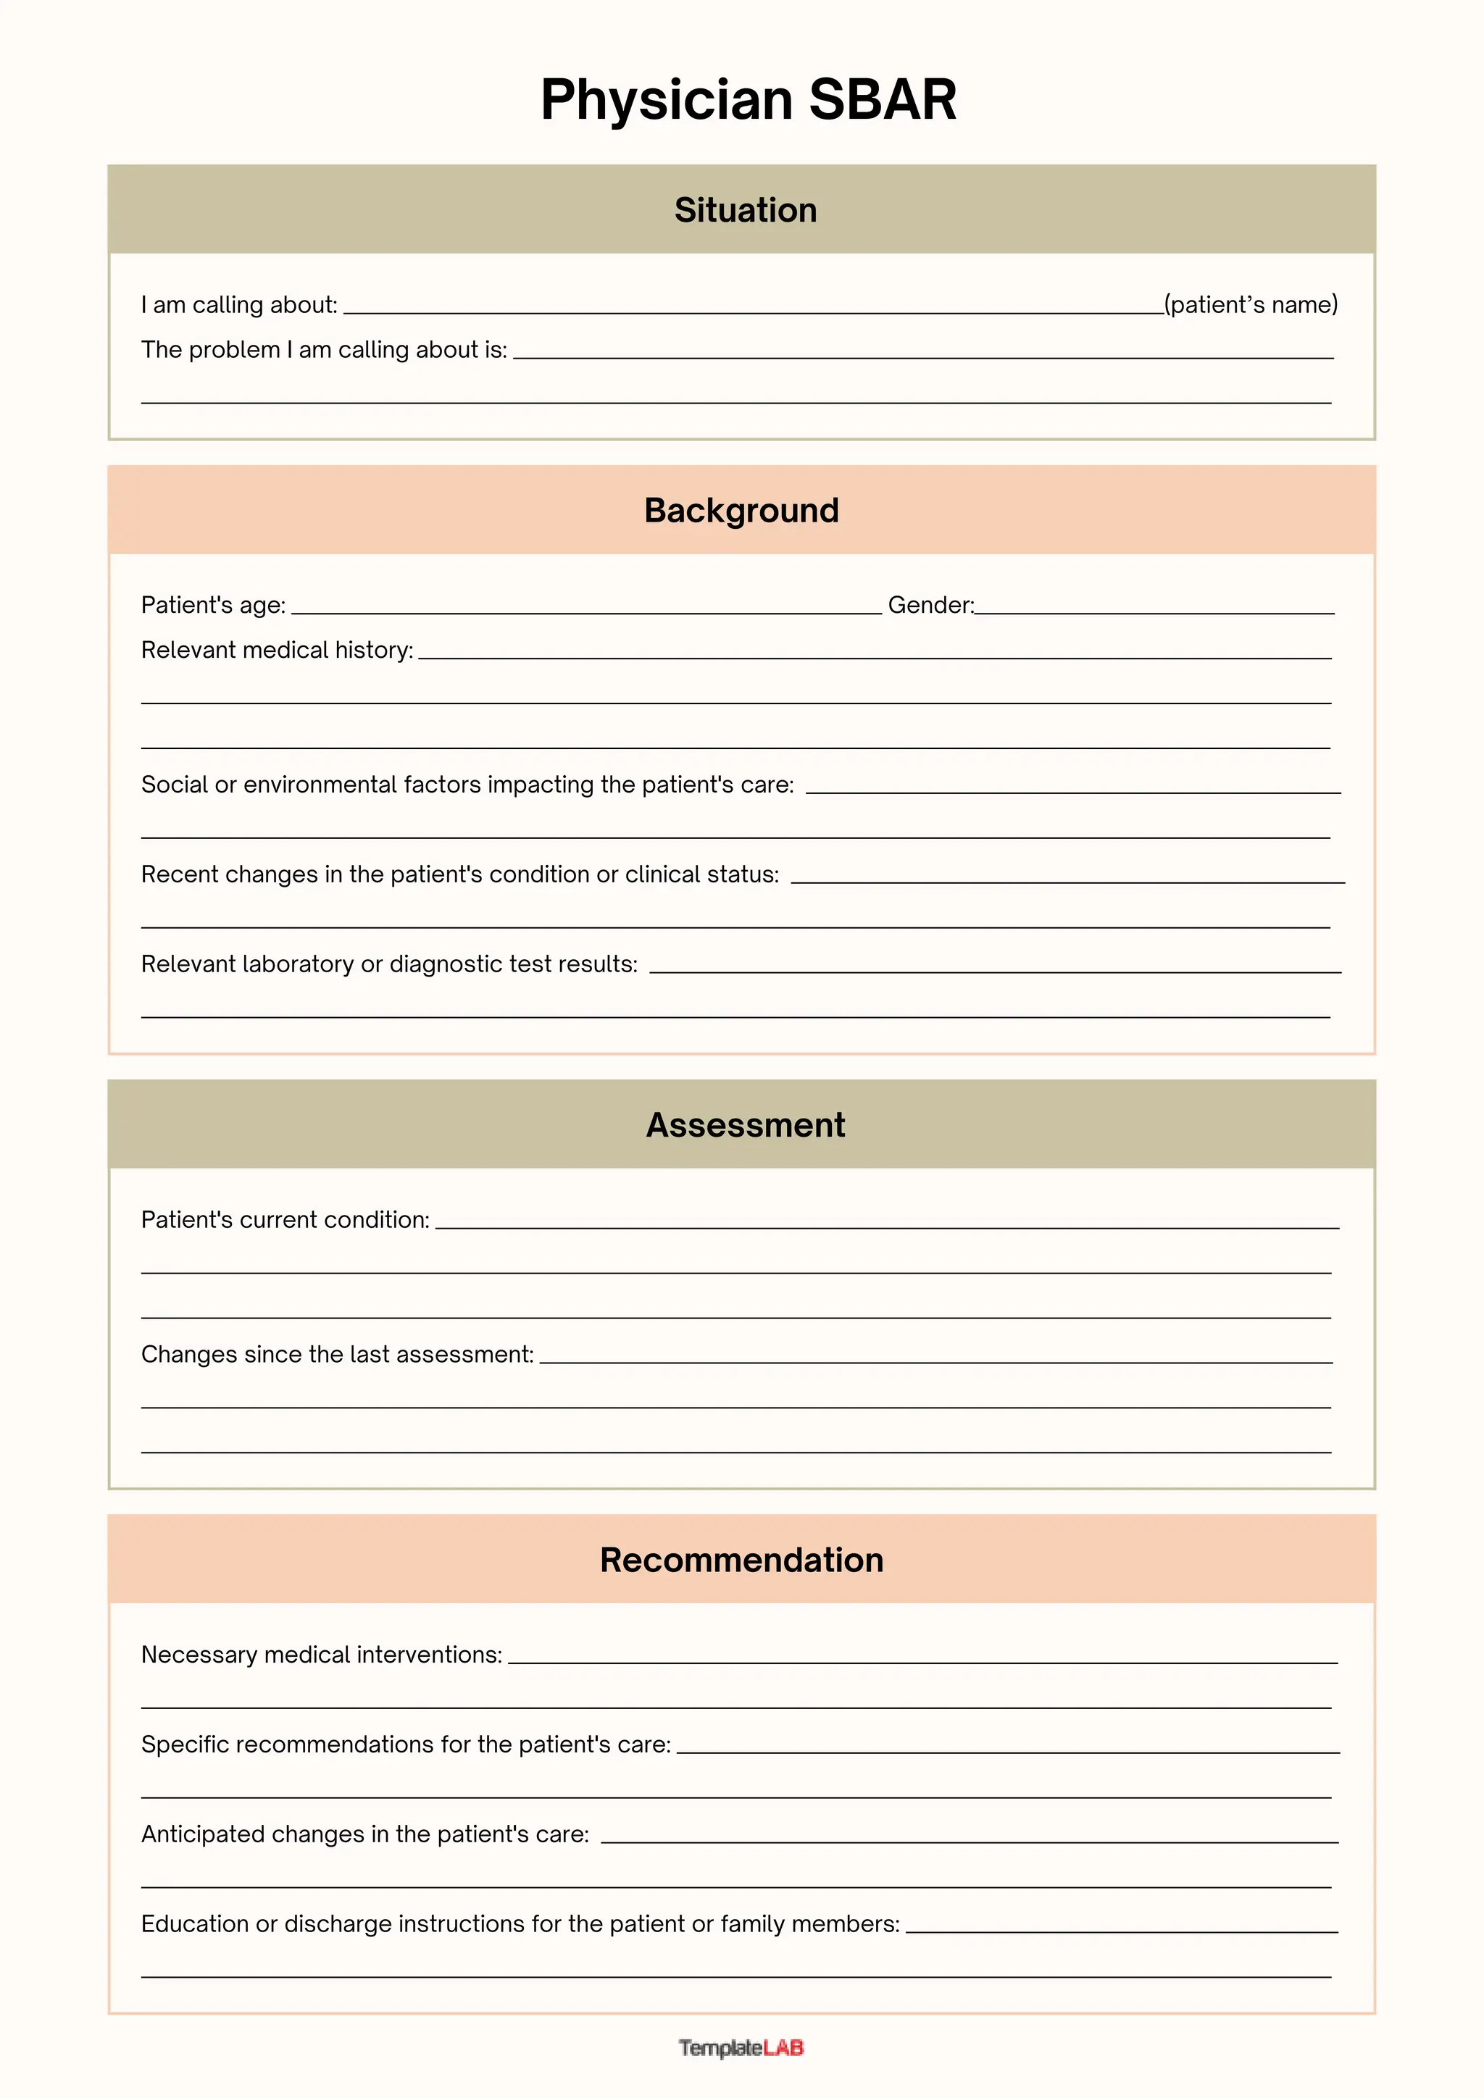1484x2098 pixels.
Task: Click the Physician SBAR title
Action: click(x=748, y=99)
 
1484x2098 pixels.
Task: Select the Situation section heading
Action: click(x=745, y=210)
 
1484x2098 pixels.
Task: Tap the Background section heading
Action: click(x=741, y=511)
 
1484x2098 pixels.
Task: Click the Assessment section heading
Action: click(x=745, y=1125)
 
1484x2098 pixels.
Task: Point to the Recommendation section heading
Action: click(x=741, y=1560)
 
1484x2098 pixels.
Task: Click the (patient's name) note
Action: click(x=1250, y=304)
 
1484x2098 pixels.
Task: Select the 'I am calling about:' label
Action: click(x=239, y=305)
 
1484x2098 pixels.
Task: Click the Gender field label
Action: click(x=930, y=605)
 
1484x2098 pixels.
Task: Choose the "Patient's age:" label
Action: click(x=213, y=605)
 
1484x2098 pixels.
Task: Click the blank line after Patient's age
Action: click(x=585, y=609)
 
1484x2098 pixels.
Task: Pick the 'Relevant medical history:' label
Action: click(x=277, y=650)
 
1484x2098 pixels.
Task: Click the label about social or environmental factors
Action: click(x=467, y=785)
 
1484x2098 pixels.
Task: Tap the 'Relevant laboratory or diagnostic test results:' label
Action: click(x=389, y=964)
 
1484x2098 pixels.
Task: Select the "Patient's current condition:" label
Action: click(x=285, y=1220)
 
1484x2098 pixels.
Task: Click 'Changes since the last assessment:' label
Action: click(x=337, y=1354)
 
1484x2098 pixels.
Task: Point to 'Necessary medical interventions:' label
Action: click(x=322, y=1655)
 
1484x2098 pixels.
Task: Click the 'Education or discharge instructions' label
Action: click(x=520, y=1923)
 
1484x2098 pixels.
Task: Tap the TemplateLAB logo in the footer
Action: click(x=741, y=2048)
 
